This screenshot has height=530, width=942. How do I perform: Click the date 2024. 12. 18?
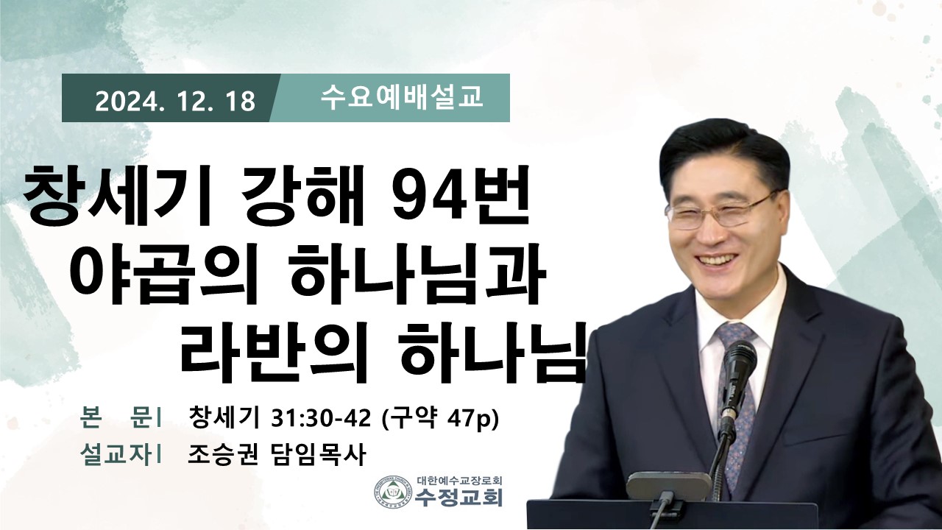(175, 102)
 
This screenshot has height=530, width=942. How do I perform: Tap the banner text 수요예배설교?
(402, 98)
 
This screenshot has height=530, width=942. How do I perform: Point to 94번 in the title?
(459, 197)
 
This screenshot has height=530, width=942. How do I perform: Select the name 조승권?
(222, 455)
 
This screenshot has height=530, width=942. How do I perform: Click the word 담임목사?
(316, 455)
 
